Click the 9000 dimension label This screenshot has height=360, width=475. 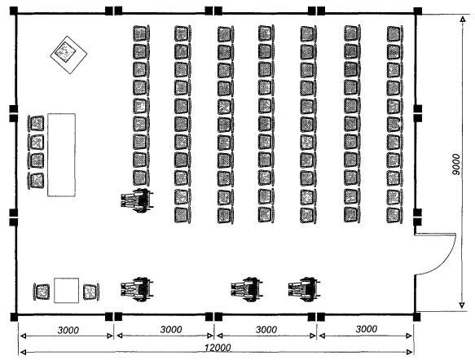pos(455,165)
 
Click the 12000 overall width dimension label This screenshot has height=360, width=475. pos(218,348)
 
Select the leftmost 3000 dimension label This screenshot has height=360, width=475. pos(68,330)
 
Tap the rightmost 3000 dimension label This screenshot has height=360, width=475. pos(367,329)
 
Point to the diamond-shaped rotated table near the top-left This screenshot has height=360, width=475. pos(68,55)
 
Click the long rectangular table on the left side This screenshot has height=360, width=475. pos(61,155)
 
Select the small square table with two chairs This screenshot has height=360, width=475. pos(66,290)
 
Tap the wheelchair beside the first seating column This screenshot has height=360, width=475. pos(137,200)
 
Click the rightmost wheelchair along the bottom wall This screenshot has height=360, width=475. pos(304,289)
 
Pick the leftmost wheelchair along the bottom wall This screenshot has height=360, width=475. pos(137,289)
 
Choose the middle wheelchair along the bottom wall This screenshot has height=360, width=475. pos(247,289)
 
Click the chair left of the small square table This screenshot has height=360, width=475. pos(42,292)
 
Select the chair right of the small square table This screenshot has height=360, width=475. pos(91,292)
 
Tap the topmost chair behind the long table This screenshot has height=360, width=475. pos(36,123)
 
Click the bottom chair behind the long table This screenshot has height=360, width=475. pos(36,181)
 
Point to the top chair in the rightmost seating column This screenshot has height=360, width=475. pos(394,33)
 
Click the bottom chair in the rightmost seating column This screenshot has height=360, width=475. pos(394,215)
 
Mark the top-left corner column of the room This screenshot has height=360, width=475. pos(14,11)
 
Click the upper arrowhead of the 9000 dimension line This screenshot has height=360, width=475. pos(463,20)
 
